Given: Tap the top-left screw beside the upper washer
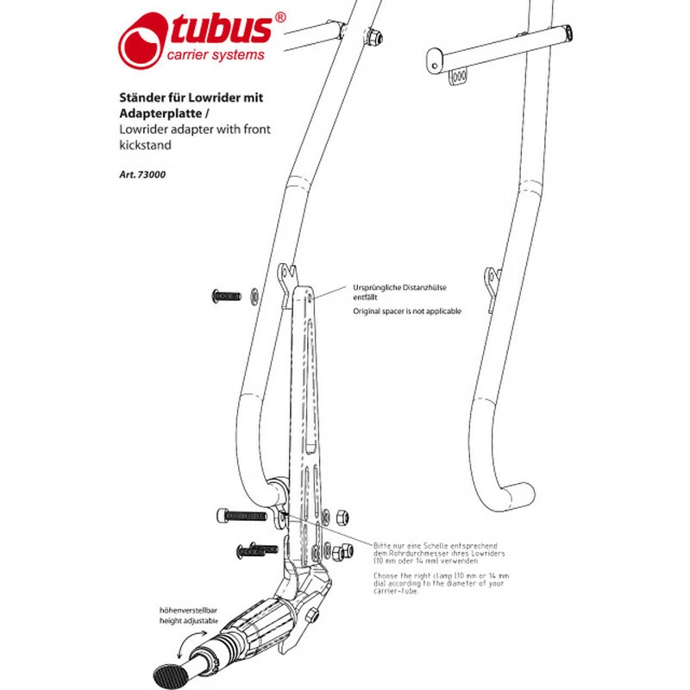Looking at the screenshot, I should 225,297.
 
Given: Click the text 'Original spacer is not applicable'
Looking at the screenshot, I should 408,310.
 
